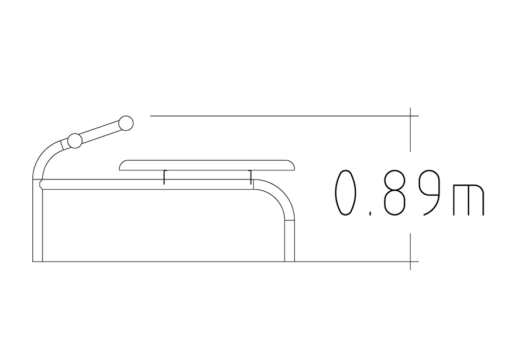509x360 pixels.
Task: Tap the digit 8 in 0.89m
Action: [x=394, y=192]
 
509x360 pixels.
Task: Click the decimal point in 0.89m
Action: [x=370, y=213]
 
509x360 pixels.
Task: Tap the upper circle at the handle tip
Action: [x=126, y=123]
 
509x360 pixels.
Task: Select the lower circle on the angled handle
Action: [x=75, y=141]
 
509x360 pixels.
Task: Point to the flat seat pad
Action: [x=208, y=165]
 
